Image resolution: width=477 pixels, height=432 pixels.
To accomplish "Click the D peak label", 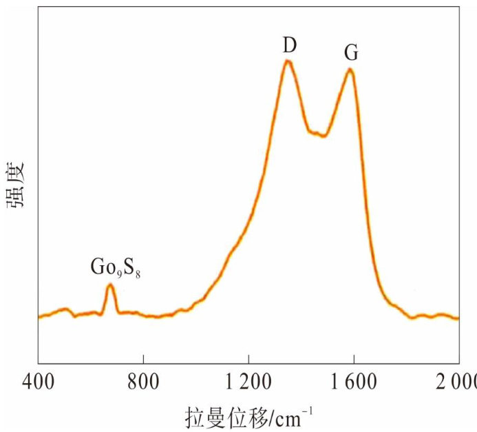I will (289, 45).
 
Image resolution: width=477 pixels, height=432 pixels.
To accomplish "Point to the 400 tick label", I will (38, 380).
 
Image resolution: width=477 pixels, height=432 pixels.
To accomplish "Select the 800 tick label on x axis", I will (142, 380).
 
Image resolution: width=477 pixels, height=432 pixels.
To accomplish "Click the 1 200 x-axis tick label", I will (248, 380).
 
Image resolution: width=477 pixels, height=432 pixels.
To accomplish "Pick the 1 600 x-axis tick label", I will (353, 380).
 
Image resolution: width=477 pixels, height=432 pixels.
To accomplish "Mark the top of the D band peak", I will (288, 61).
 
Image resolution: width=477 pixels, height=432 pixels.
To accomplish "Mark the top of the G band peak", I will (350, 70).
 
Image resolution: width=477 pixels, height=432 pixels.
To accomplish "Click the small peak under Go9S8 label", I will (110, 285).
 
